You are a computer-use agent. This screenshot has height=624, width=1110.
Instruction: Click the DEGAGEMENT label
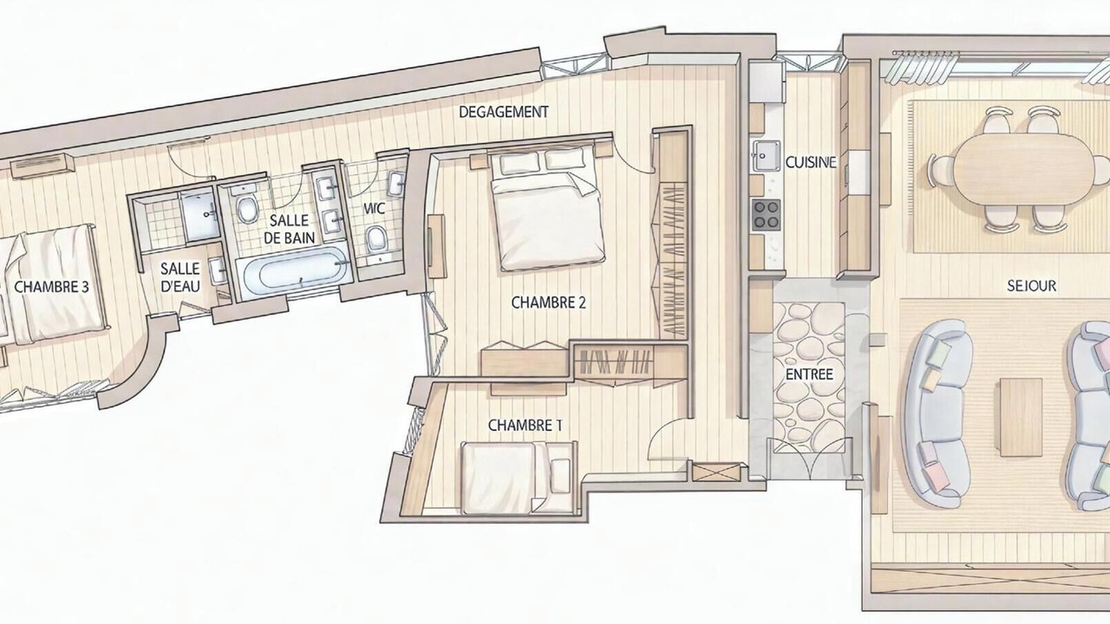[504, 112]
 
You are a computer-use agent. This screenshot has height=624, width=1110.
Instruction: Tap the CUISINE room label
[811, 162]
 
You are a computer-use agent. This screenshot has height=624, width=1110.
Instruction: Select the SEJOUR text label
[1031, 286]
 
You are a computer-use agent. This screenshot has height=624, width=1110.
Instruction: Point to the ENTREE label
[809, 374]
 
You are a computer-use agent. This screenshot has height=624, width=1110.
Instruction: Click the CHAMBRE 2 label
[549, 302]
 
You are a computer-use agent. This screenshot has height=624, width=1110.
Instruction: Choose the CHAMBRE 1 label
[526, 425]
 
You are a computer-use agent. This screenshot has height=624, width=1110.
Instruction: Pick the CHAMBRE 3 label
[51, 287]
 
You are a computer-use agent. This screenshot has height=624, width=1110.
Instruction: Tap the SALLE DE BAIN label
[290, 229]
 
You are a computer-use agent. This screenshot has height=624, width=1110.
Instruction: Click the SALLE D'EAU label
[180, 277]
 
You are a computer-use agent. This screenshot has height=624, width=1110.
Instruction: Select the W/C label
[375, 209]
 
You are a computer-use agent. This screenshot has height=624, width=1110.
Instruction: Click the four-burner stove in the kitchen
[767, 214]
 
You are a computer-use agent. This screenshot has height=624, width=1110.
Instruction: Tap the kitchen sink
[767, 155]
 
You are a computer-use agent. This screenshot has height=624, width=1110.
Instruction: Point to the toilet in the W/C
[376, 238]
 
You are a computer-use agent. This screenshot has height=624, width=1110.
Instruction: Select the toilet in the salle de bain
[247, 210]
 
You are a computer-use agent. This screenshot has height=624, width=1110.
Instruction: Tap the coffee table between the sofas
[1022, 417]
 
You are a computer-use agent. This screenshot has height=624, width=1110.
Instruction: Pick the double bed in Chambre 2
[547, 209]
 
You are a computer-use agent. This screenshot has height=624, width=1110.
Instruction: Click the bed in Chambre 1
[519, 478]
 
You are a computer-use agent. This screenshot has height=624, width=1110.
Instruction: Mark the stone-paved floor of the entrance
[809, 377]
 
